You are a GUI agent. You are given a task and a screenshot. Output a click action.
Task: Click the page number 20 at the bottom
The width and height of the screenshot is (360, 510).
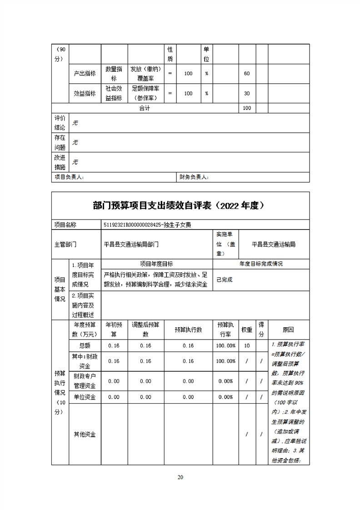(x=180, y=477)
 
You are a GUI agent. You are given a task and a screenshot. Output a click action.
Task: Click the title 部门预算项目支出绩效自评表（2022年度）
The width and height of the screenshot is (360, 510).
(x=180, y=205)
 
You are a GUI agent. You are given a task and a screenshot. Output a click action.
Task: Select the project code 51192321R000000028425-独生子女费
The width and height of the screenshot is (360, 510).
(x=150, y=225)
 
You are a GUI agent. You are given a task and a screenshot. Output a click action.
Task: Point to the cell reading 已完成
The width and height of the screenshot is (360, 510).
(x=225, y=280)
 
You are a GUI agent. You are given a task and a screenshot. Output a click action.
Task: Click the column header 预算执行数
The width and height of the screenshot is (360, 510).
(x=188, y=330)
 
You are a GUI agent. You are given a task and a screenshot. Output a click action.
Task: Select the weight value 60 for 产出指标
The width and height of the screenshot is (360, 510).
(x=247, y=74)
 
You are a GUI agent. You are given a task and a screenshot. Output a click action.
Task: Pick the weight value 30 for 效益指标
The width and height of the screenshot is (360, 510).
(x=247, y=94)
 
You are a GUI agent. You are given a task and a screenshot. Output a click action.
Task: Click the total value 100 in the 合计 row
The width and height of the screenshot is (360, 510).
(x=247, y=108)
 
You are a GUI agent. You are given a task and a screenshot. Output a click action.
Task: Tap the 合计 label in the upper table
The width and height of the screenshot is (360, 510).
(x=145, y=108)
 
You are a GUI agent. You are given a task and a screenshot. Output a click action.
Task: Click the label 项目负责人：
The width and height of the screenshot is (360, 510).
(x=69, y=177)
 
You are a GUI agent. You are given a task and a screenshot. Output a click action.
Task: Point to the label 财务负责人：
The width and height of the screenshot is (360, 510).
(x=194, y=177)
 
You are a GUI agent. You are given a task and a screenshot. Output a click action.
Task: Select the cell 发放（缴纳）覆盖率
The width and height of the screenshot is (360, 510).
(x=145, y=74)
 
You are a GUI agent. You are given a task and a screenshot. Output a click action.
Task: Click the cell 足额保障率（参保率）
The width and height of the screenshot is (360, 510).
(x=145, y=94)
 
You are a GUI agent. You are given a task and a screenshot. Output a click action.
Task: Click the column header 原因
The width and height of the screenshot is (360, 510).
(x=288, y=330)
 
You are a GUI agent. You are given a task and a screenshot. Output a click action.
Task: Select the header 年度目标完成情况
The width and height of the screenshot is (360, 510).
(x=261, y=264)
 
